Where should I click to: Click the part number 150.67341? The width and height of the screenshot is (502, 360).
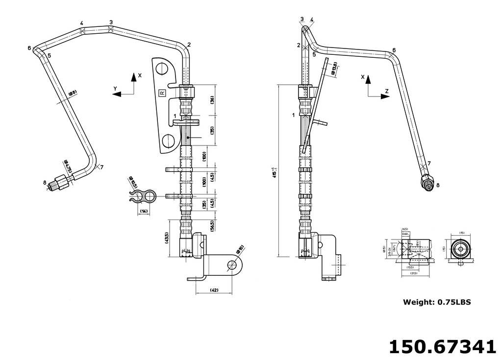(442, 346)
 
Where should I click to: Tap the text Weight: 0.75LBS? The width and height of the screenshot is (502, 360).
(437, 302)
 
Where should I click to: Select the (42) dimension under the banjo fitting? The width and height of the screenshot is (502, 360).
(214, 290)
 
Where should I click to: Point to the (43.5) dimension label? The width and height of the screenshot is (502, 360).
(167, 238)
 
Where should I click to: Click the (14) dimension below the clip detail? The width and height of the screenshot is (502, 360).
(144, 211)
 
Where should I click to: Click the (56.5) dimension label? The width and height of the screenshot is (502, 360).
(212, 226)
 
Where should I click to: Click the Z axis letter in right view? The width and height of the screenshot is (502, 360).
(386, 91)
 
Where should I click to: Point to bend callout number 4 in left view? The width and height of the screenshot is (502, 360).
(81, 24)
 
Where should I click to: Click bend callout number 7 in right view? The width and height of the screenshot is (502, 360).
(429, 163)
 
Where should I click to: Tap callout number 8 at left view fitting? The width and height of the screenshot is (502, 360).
(45, 183)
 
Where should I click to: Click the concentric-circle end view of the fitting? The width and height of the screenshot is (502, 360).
(460, 249)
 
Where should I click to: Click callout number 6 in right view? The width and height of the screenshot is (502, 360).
(394, 50)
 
